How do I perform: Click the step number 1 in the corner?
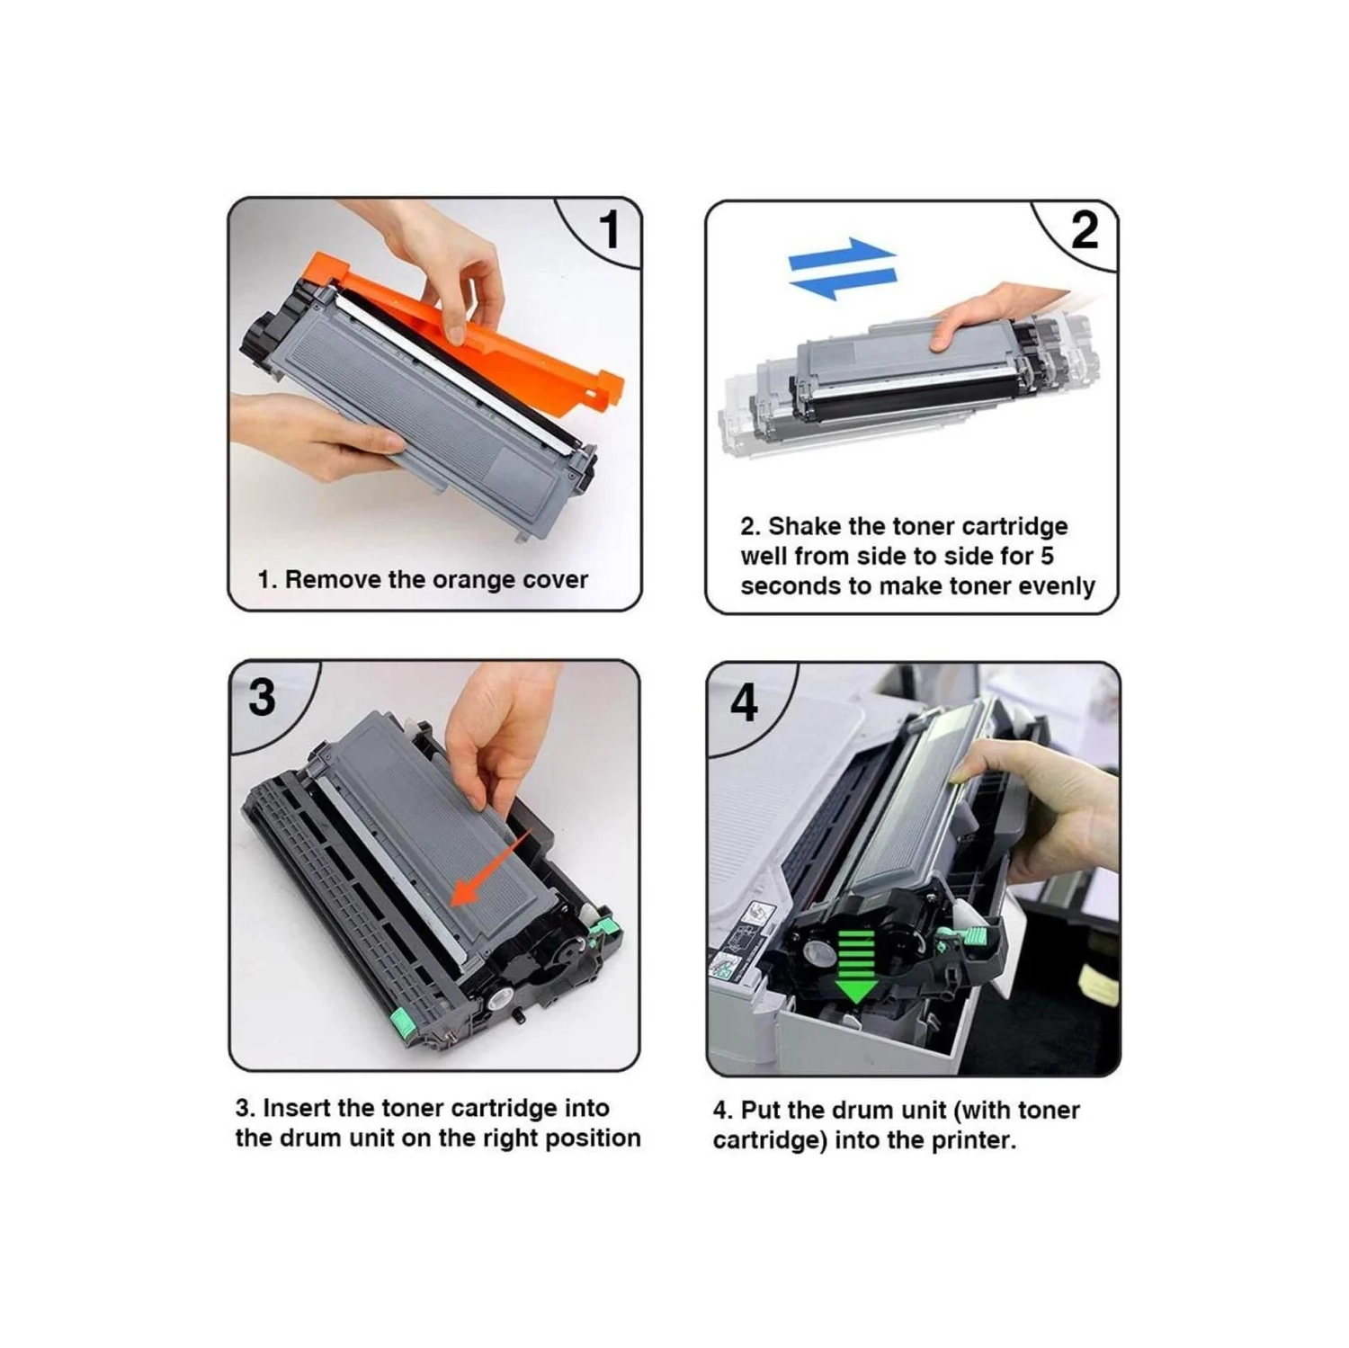(610, 229)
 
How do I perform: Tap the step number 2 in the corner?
(1085, 231)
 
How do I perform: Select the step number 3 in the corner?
(262, 697)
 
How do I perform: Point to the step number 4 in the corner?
(743, 702)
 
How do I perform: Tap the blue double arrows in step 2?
(842, 269)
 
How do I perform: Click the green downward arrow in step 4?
(856, 966)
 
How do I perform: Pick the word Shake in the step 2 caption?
(806, 526)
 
